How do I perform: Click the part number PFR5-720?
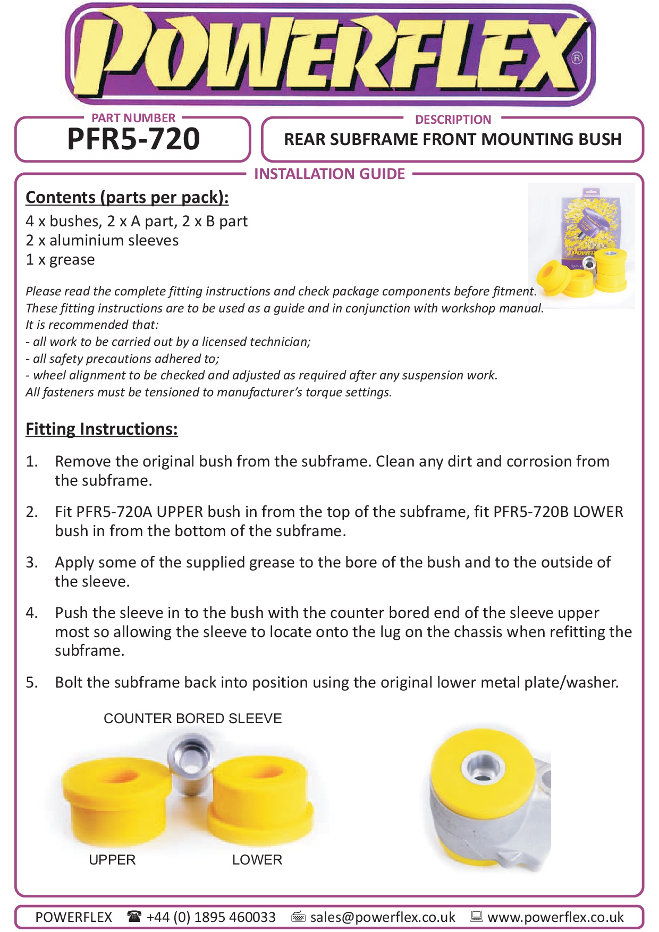tap(133, 139)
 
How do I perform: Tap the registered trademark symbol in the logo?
tap(577, 58)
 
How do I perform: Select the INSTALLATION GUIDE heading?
tap(329, 174)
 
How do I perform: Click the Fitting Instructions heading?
tap(102, 429)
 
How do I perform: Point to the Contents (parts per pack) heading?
tap(127, 197)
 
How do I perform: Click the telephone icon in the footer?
tap(134, 916)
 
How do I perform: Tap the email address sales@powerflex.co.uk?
tap(383, 917)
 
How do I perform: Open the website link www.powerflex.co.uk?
tap(555, 917)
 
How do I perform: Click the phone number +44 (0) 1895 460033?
tap(211, 917)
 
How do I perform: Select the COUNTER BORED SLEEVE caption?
tap(192, 718)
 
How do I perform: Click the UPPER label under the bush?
tap(112, 860)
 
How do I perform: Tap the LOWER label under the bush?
tap(257, 860)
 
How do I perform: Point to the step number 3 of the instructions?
tap(32, 562)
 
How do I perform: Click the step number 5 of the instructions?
tap(32, 682)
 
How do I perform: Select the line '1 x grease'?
tap(60, 259)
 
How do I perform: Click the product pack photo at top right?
tap(582, 245)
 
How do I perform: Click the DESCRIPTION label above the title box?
tap(453, 120)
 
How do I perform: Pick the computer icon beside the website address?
tap(477, 916)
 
